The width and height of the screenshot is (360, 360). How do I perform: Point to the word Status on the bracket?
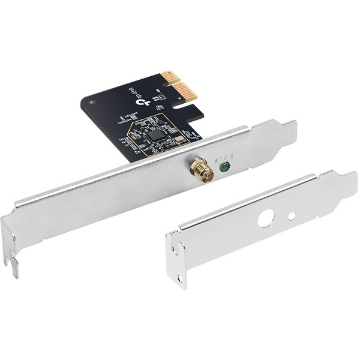coord(230,157)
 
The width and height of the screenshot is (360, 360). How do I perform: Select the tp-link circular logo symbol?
coord(143,103)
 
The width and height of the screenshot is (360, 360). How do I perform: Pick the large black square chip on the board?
coord(156,134)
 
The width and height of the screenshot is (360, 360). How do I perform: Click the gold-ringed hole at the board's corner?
coord(91,102)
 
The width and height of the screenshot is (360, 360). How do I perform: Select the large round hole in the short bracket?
coord(266,218)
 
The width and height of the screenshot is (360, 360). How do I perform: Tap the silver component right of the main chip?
coord(179,139)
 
